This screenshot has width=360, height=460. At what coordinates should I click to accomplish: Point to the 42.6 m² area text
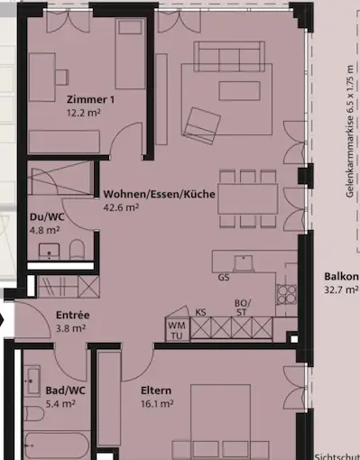point(121,207)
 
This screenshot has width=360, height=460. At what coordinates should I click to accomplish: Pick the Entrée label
point(72,315)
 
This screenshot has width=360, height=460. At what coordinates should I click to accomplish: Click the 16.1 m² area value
point(156,404)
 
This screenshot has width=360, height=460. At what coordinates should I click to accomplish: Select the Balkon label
point(342,277)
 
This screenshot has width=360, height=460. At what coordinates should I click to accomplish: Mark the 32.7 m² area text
point(342,290)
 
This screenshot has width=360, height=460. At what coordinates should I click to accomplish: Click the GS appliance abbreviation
point(223,279)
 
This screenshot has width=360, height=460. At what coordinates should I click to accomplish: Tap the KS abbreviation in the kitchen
point(201,312)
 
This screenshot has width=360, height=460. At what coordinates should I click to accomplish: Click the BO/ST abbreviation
point(242,308)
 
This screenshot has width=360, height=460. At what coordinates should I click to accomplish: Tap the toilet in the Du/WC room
point(78,250)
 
